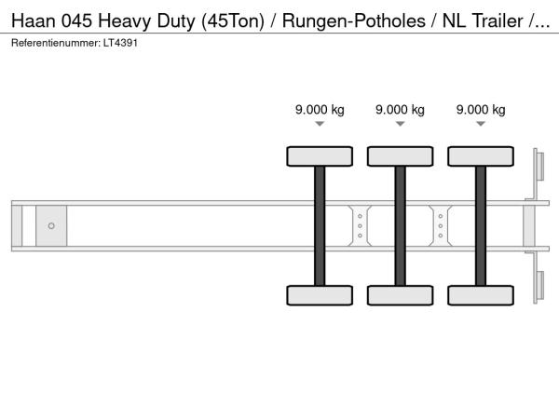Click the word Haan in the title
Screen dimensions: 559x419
pos(34,20)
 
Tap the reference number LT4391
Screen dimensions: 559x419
pos(120,43)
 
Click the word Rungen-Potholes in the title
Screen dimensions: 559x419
pos(354,21)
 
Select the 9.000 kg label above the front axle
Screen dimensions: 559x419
pos(320,110)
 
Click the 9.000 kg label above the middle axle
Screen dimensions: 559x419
pos(400,110)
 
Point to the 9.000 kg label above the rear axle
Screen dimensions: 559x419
pos(481,110)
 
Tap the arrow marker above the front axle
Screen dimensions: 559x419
pos(320,124)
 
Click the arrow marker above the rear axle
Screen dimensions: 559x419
pos(481,124)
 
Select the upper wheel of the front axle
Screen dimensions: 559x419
pos(320,156)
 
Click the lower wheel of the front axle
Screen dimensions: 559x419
pos(320,295)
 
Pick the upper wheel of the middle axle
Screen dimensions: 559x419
pos(400,156)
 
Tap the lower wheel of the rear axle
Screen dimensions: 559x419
pos(481,295)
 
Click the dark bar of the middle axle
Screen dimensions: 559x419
pos(400,226)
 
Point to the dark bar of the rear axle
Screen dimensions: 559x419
pos(481,226)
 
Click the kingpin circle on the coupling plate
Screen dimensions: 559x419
pos(51,226)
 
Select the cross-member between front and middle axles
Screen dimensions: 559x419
pos(360,226)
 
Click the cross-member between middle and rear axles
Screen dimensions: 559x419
pos(441,226)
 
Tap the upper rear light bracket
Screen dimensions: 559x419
pos(537,173)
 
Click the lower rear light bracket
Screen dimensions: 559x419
pos(537,278)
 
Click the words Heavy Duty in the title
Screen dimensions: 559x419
pos(147,21)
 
